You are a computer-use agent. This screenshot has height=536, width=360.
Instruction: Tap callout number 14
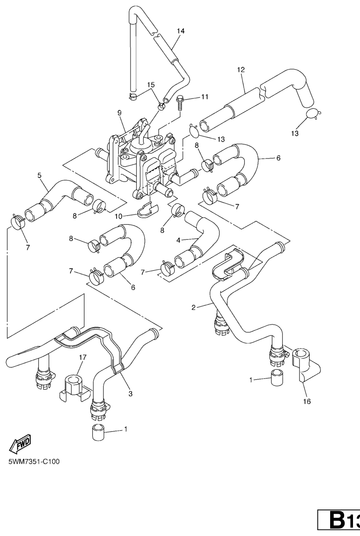point(180,31)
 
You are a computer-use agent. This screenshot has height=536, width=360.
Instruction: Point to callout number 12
point(241,70)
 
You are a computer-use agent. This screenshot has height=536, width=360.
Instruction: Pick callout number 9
point(119,113)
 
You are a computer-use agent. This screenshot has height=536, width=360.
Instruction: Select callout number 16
point(307,401)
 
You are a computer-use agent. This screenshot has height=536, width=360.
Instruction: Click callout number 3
point(130,394)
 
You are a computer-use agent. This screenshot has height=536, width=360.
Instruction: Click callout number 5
point(40,175)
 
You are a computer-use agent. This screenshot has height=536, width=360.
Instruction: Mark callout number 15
point(151,85)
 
